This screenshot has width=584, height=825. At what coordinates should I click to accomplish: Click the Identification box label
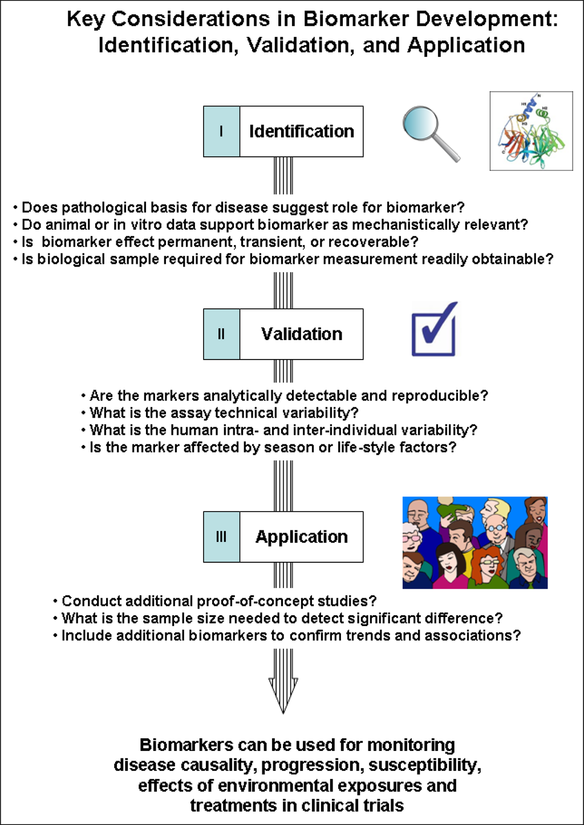301,132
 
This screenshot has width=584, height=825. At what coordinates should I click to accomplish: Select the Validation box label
301,334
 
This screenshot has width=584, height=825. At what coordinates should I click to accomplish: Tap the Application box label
301,537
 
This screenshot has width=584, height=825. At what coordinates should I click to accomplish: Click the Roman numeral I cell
221,132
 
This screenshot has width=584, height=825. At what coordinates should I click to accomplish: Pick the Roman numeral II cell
221,334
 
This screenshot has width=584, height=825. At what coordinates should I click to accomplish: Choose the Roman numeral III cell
221,537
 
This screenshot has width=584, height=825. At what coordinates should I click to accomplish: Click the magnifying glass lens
421,124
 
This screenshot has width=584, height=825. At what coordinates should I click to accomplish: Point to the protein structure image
531,131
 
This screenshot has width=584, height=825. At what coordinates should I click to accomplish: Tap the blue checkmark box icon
435,330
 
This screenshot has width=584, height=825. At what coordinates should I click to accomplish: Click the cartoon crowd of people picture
474,542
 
